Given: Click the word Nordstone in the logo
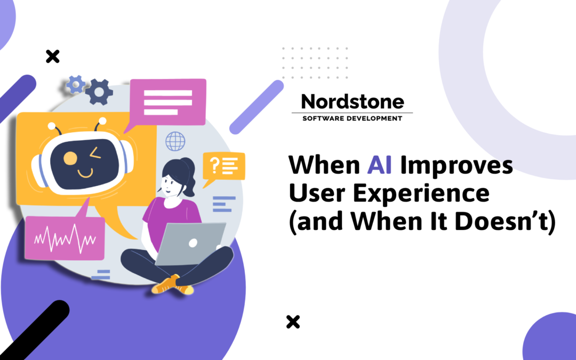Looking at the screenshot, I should click(x=353, y=101).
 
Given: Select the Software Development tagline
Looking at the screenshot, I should click(x=352, y=118).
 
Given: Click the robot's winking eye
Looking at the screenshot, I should click(x=95, y=155).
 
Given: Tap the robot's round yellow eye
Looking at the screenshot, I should click(x=70, y=158).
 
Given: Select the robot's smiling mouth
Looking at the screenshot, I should click(x=85, y=173).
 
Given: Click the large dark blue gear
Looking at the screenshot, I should click(x=99, y=92).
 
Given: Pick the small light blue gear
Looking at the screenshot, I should click(x=75, y=84).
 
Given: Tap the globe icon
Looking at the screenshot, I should click(x=175, y=141).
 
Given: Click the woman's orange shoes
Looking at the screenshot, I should click(x=172, y=285).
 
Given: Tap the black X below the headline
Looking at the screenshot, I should click(x=293, y=322).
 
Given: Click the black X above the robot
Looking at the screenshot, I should click(x=52, y=56).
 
